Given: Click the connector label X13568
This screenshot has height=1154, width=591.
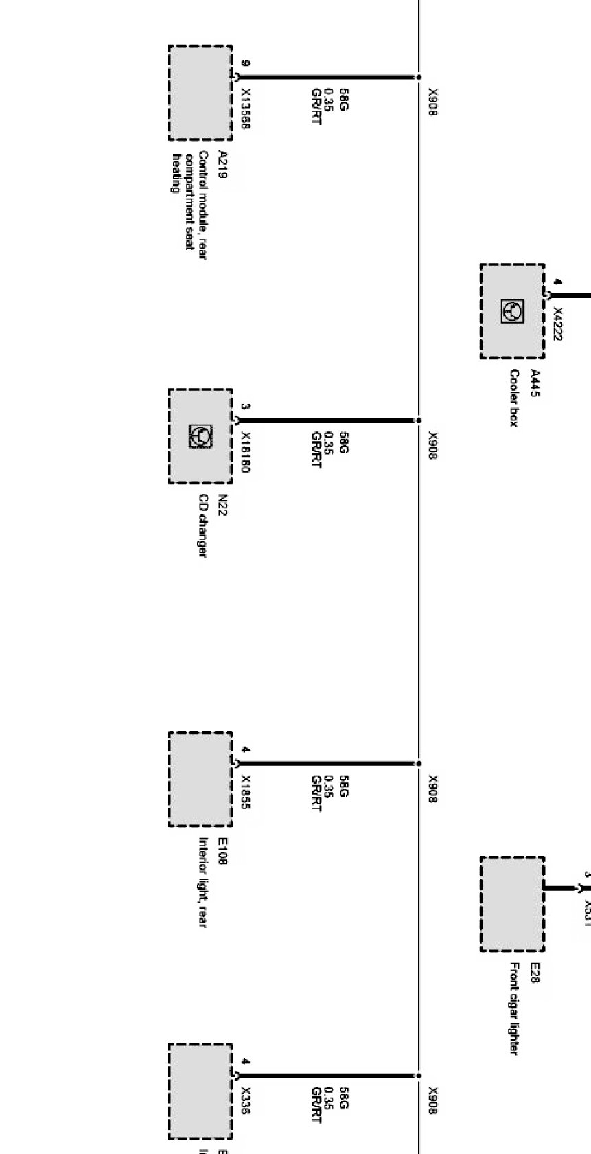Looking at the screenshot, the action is tap(246, 109).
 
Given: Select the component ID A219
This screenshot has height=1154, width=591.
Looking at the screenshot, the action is tap(222, 165).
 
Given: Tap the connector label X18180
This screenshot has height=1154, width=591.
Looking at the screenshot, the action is tap(246, 453).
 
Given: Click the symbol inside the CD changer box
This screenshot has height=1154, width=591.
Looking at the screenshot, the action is tap(200, 436).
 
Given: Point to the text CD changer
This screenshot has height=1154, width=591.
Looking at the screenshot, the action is tap(203, 525).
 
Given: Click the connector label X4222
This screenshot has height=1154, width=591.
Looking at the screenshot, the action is tap(557, 324).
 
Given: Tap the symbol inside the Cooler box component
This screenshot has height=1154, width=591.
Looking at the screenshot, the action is tap(512, 311).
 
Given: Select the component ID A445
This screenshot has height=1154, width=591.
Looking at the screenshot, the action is tap(535, 383).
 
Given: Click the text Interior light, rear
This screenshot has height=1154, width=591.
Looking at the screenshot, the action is tap(203, 882).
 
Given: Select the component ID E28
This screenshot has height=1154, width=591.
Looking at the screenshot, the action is tap(535, 973).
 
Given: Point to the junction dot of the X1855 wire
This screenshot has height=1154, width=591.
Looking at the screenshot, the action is tap(419, 763).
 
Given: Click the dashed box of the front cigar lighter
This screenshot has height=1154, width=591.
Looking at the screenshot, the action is tap(512, 903).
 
